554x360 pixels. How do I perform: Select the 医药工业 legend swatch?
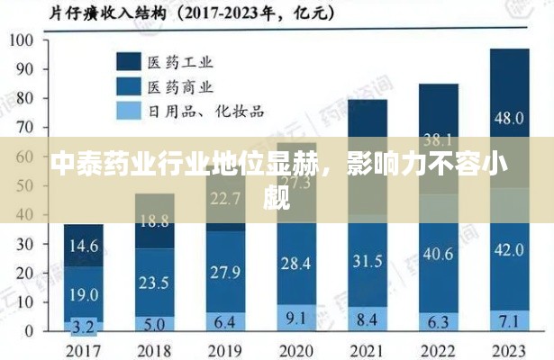point(126,60)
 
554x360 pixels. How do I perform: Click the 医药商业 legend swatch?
point(126,85)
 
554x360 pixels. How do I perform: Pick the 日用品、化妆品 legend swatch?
point(126,111)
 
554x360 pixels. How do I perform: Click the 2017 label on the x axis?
point(83,348)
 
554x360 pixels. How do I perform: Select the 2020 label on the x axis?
point(296,348)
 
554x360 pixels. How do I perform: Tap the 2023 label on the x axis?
point(510,348)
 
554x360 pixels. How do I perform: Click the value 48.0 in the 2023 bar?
point(510,118)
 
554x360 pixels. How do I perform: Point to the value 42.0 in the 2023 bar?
point(510,249)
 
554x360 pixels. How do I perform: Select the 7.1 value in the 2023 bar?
point(510,320)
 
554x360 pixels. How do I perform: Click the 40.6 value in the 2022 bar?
point(439,255)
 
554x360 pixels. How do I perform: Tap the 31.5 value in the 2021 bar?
point(368,261)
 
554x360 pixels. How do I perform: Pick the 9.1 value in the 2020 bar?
point(296,317)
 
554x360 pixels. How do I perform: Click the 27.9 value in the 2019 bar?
point(225,271)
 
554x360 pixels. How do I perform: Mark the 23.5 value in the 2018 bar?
point(154,282)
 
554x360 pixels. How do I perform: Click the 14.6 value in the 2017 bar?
point(83,245)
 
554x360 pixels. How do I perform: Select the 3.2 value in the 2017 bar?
point(83,326)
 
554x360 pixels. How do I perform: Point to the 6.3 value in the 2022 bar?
point(439,321)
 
